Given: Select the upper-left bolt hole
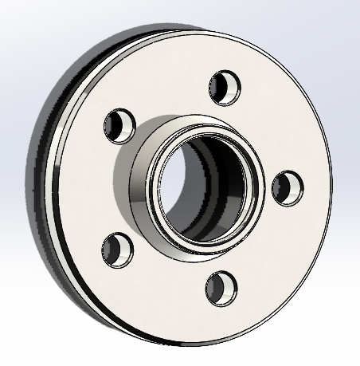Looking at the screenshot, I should [118, 124].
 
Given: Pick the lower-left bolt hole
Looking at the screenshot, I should [116, 248].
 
